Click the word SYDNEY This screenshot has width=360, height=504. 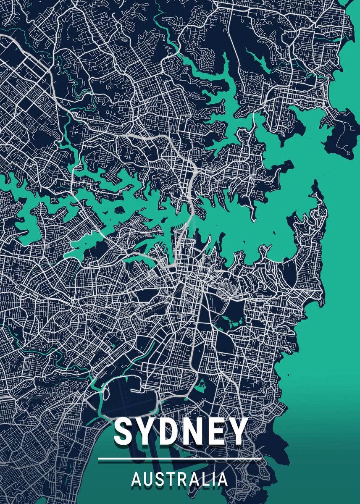pos(180,432)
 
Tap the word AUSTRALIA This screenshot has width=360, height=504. pos(180,480)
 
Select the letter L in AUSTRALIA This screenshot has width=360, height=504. pos(206,480)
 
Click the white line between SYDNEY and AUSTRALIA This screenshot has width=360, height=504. pos(180,459)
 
